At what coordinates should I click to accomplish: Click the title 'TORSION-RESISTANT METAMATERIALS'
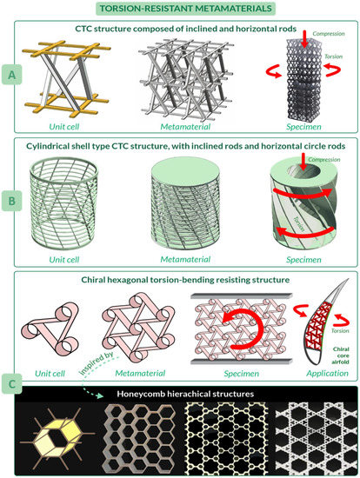(x=180, y=10)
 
